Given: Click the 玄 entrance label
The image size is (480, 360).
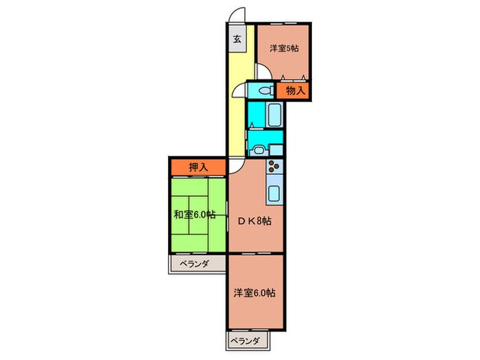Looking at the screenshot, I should click(236, 40).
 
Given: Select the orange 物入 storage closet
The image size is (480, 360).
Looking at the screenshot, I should click(295, 91).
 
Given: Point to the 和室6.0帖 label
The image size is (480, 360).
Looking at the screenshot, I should click(194, 215).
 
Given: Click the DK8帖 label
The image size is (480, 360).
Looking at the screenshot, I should click(254, 221).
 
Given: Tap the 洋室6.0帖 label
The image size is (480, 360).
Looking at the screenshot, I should click(254, 293).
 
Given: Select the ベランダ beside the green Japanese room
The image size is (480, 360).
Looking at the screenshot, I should click(195, 264).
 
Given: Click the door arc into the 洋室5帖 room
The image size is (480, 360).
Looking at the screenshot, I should click(263, 71).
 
